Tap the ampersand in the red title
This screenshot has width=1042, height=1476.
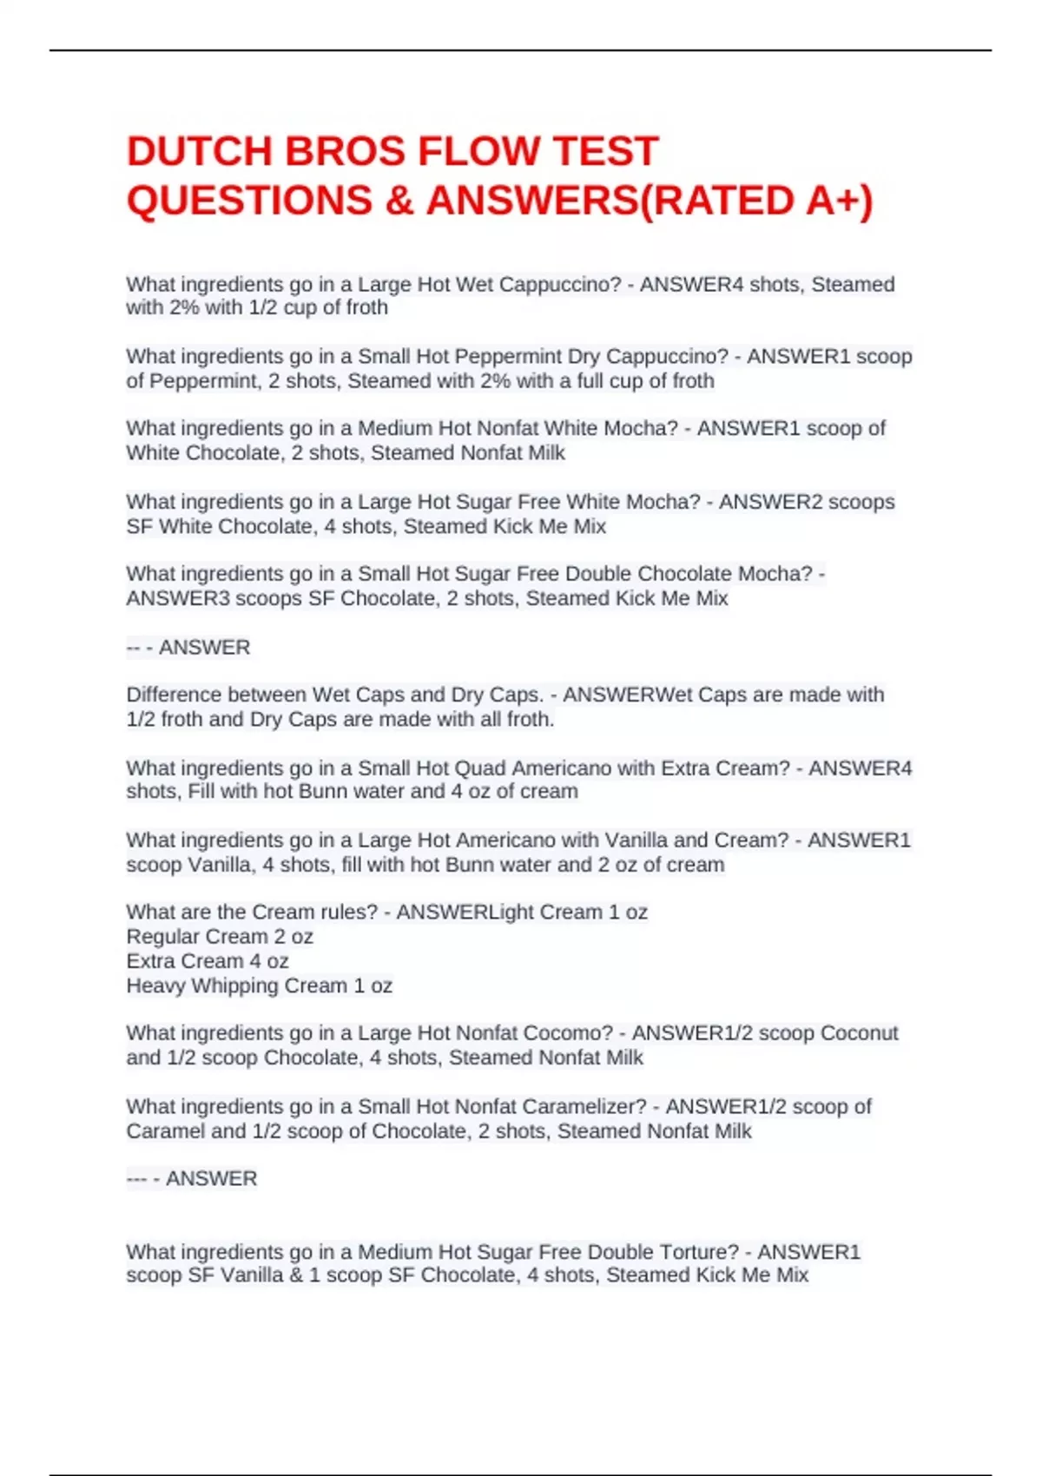tap(399, 201)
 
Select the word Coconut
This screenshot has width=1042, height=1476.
tap(859, 1033)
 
